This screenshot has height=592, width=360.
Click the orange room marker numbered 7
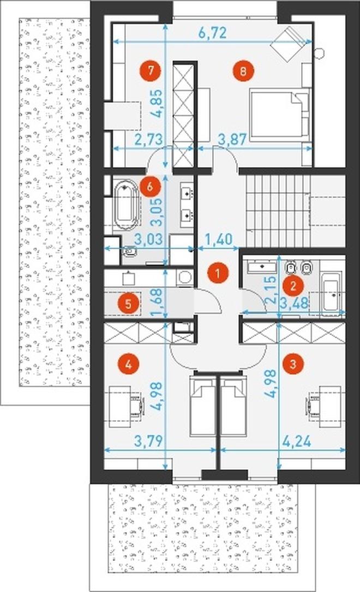[151, 70]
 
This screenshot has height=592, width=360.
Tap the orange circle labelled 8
[243, 70]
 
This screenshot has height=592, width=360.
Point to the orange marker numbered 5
[128, 303]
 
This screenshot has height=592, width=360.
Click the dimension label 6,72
[212, 33]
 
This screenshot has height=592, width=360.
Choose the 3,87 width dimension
[233, 139]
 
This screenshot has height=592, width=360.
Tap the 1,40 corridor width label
[219, 239]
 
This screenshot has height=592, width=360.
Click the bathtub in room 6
[127, 205]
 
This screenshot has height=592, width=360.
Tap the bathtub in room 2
[331, 292]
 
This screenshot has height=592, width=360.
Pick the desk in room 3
[330, 406]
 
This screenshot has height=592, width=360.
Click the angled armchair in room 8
[288, 44]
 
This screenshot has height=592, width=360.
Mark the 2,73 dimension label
[149, 139]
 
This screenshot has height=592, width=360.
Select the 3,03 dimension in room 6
[149, 239]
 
